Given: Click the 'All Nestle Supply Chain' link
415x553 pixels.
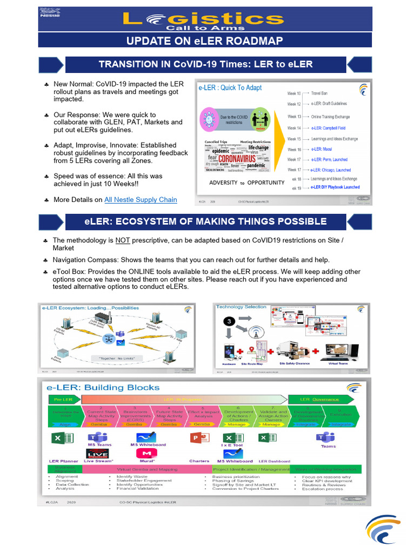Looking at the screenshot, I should pyautogui.click(x=140, y=200).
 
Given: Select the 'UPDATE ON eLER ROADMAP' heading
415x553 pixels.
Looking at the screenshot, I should pyautogui.click(x=204, y=41).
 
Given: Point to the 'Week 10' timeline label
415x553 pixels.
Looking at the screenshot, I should pyautogui.click(x=294, y=93).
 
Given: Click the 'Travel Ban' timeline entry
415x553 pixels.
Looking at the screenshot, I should pyautogui.click(x=319, y=93).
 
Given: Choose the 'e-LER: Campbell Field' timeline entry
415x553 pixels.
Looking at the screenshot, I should pyautogui.click(x=328, y=128).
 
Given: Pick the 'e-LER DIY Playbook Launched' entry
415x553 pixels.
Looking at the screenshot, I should pyautogui.click(x=335, y=188).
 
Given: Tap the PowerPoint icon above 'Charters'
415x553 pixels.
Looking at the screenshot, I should pyautogui.click(x=199, y=438).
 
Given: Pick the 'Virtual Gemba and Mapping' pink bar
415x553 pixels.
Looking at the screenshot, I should pyautogui.click(x=143, y=470).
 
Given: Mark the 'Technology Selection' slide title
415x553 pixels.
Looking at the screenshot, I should pyautogui.click(x=241, y=307).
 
